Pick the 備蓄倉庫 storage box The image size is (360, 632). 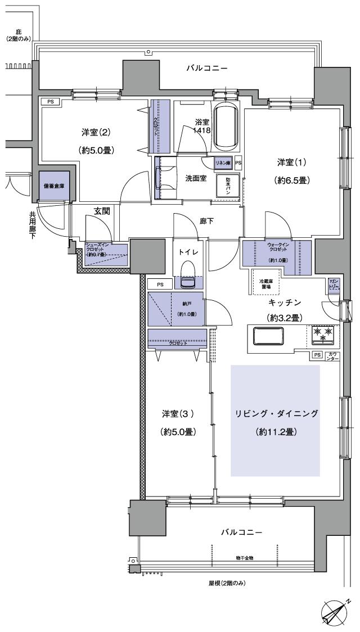pyautogui.click(x=54, y=186)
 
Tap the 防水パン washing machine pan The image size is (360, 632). pyautogui.click(x=228, y=184)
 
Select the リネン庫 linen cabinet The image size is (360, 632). pyautogui.click(x=223, y=162)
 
